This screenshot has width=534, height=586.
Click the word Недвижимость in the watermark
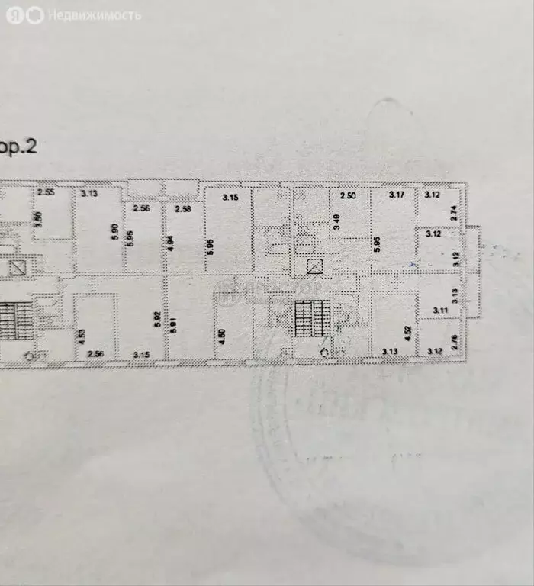[x=95, y=14]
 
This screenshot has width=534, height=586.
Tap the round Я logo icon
[x=14, y=14]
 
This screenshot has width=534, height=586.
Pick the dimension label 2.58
[x=183, y=208]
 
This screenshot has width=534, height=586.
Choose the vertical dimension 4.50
[x=220, y=336]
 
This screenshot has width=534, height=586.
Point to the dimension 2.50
[x=349, y=196]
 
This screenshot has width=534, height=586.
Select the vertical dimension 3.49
[x=336, y=224]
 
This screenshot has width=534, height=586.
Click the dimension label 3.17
[x=396, y=195]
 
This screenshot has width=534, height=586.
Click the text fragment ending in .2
[x=18, y=146]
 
